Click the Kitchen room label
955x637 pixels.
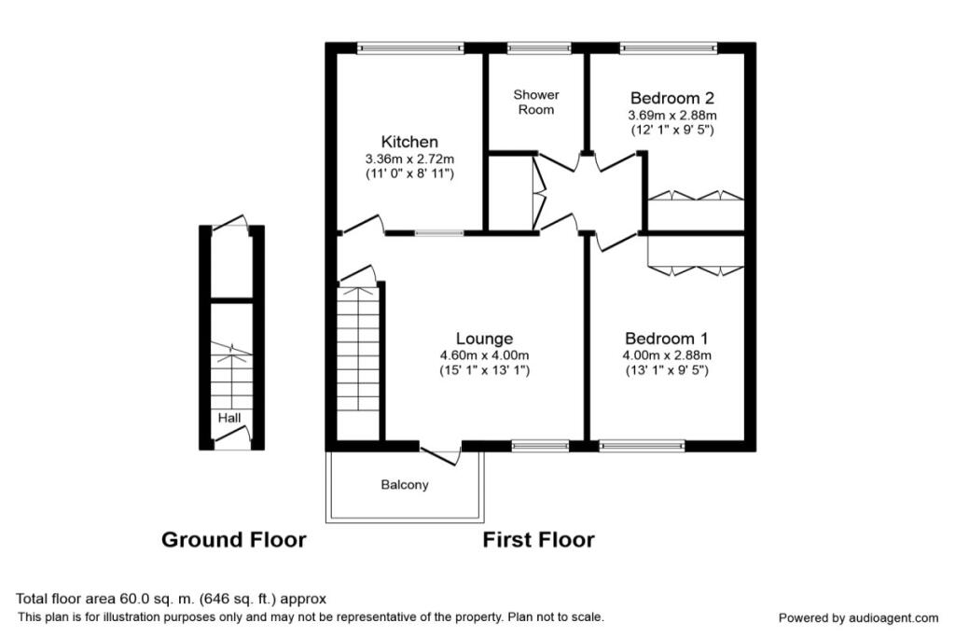(x=410, y=142)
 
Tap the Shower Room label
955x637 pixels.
(x=536, y=102)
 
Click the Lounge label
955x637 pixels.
(x=484, y=339)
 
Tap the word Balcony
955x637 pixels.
(x=405, y=485)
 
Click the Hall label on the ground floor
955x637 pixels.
(x=229, y=419)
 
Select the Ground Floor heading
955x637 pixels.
(x=233, y=539)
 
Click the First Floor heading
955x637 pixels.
(x=538, y=539)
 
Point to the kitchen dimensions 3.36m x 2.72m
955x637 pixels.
(x=410, y=159)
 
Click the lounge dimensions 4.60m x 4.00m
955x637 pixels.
(x=484, y=355)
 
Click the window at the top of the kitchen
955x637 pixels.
(x=410, y=46)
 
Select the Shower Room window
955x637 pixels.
(x=539, y=46)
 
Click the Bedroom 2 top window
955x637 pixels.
(x=669, y=46)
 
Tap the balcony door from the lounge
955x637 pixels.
(x=440, y=454)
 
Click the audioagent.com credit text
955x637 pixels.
(x=858, y=617)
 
